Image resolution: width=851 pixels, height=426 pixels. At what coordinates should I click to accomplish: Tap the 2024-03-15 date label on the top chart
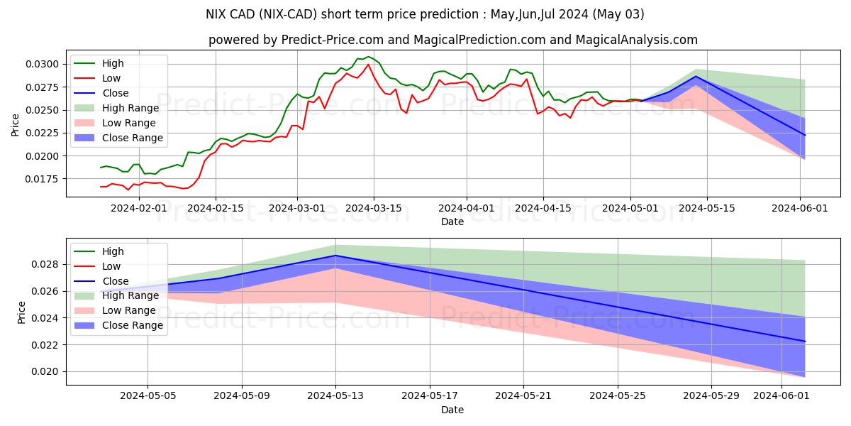374,208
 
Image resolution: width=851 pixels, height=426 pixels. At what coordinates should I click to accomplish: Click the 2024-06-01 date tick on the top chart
801,208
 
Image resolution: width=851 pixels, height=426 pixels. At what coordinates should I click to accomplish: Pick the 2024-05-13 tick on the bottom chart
335,395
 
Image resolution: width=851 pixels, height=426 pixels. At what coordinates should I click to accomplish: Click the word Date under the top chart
452,222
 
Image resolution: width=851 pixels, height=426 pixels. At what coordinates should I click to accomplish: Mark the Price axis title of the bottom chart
21,312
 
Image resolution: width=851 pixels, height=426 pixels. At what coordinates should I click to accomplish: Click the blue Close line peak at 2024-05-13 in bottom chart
335,256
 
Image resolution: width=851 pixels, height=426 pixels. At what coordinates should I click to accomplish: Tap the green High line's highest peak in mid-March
368,57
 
